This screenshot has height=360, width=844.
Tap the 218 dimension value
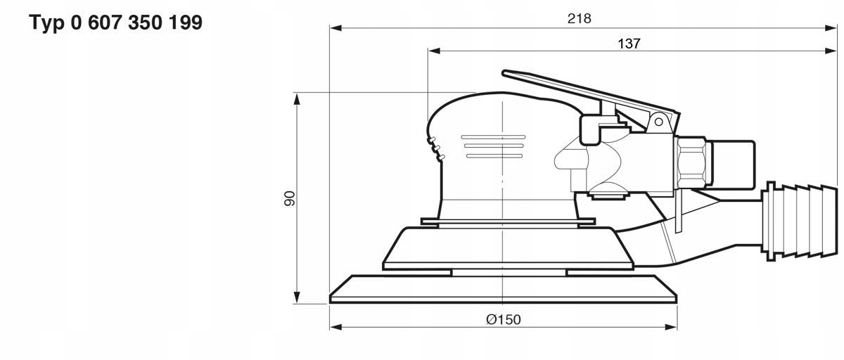(579, 19)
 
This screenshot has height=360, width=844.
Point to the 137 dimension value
(629, 43)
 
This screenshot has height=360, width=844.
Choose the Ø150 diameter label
(503, 319)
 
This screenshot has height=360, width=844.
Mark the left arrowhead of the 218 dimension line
(335, 28)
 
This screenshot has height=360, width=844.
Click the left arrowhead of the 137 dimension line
(434, 51)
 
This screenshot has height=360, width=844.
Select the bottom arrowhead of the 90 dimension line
(298, 298)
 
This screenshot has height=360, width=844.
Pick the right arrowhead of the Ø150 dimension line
(671, 327)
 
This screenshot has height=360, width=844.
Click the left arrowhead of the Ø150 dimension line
(335, 327)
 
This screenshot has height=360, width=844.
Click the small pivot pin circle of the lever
(659, 121)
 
